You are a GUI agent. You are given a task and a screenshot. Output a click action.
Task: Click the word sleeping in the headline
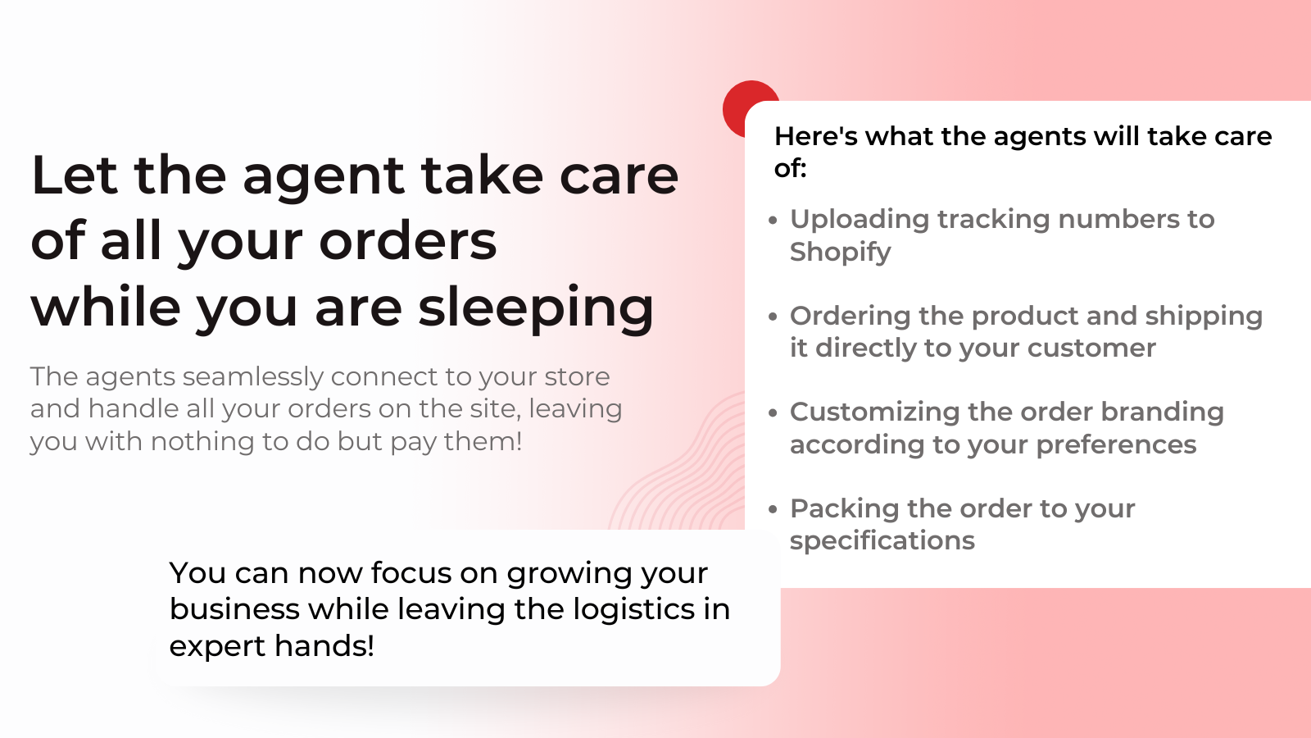tap(536, 307)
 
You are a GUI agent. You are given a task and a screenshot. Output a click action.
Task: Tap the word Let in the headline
tap(74, 175)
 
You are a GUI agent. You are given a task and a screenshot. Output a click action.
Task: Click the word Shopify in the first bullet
tap(840, 252)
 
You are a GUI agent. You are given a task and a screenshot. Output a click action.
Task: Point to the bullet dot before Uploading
tap(773, 220)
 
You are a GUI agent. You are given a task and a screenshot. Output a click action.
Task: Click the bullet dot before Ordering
tap(773, 317)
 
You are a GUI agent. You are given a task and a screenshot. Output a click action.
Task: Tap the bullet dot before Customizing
tap(773, 412)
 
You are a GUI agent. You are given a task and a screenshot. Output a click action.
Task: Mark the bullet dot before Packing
tap(773, 509)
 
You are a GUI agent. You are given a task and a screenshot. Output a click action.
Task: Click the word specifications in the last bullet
tap(882, 540)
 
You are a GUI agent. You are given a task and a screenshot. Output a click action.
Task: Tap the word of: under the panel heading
tap(790, 168)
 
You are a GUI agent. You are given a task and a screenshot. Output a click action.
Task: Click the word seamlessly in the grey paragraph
tap(252, 376)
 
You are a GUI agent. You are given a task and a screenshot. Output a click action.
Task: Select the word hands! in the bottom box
tap(324, 646)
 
